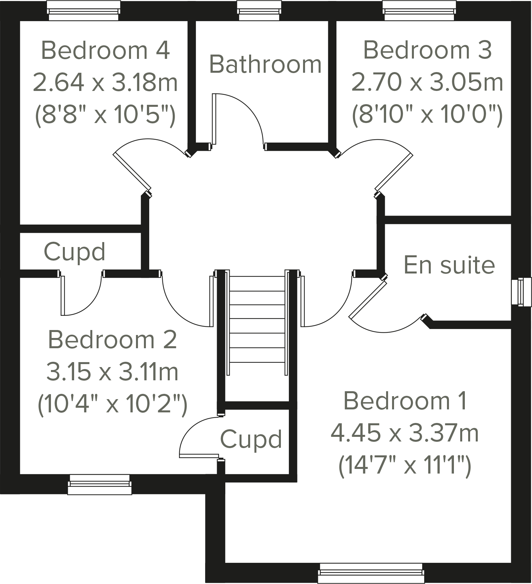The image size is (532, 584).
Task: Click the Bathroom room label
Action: tap(265, 64)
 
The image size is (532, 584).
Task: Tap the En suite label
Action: tap(449, 265)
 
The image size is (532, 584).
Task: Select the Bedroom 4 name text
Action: tap(105, 50)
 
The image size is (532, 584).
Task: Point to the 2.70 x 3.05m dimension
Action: tap(427, 82)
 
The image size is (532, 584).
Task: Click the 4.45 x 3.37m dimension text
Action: tap(405, 433)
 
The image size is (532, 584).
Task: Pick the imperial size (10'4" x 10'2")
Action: tap(112, 403)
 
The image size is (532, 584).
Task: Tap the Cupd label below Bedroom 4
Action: tap(74, 252)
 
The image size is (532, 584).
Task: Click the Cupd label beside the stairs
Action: tap(251, 439)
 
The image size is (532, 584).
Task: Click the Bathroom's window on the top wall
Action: tap(259, 11)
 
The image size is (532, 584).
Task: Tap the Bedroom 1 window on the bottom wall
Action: tap(371, 573)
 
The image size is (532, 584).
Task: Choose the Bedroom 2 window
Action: tap(100, 484)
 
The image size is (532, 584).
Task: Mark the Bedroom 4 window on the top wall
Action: tap(83, 11)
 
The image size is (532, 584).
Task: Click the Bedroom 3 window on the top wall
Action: tap(419, 11)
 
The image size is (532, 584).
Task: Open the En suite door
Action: tap(368, 300)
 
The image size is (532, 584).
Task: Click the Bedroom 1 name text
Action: tap(405, 401)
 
